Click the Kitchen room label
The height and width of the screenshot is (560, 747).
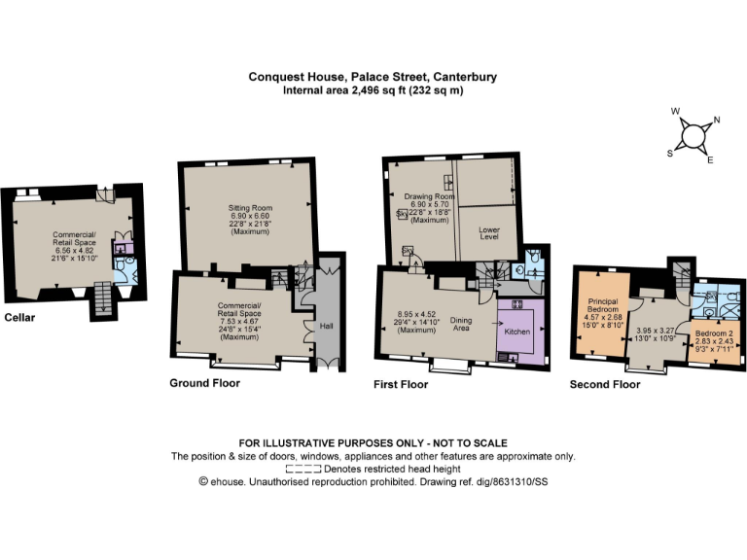pyautogui.click(x=516, y=332)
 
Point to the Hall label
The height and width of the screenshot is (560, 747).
pyautogui.click(x=326, y=326)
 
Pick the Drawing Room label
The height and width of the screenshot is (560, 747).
pyautogui.click(x=424, y=197)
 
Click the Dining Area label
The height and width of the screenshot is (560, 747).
pyautogui.click(x=460, y=324)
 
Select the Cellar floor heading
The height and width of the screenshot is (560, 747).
pyautogui.click(x=21, y=317)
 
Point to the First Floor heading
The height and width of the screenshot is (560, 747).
pyautogui.click(x=401, y=384)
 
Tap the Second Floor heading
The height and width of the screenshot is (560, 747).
pyautogui.click(x=605, y=384)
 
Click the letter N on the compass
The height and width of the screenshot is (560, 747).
pyautogui.click(x=717, y=122)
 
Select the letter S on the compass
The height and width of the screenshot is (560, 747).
pyautogui.click(x=669, y=153)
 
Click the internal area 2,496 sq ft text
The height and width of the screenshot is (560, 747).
pyautogui.click(x=350, y=90)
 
